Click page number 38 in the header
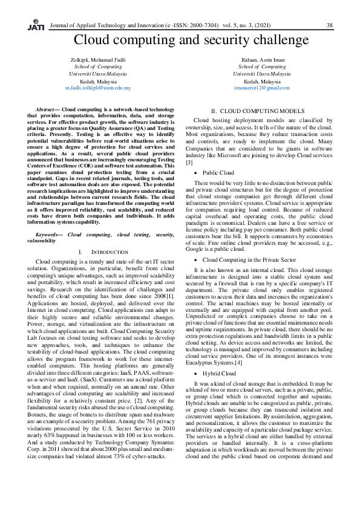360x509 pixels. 329,25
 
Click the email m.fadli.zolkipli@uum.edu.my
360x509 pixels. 98,88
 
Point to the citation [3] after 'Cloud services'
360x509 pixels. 189,146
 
